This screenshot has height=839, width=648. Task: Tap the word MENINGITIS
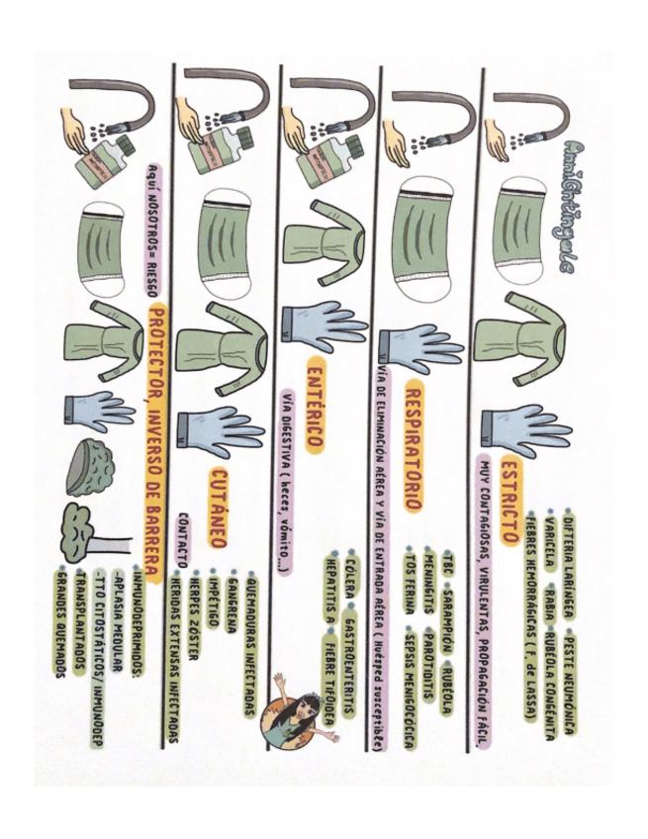click(428, 584)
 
